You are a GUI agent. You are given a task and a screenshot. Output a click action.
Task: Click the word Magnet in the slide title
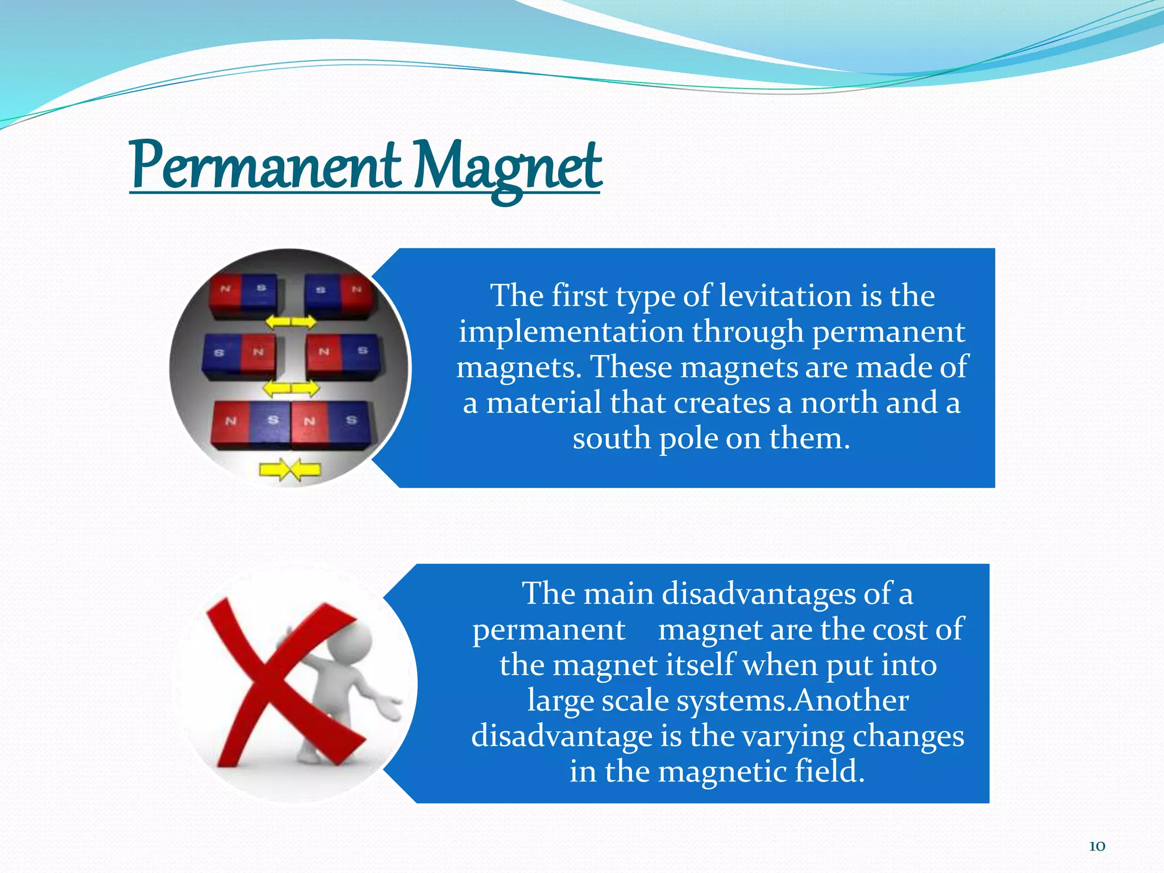coord(506,167)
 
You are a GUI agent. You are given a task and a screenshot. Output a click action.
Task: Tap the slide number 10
coord(1097,846)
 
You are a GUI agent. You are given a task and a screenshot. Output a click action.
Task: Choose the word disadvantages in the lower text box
coord(759,594)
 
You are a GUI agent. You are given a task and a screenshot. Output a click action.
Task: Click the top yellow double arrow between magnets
coord(291,322)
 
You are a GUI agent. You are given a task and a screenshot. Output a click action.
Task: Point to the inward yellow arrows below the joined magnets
coord(290,470)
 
